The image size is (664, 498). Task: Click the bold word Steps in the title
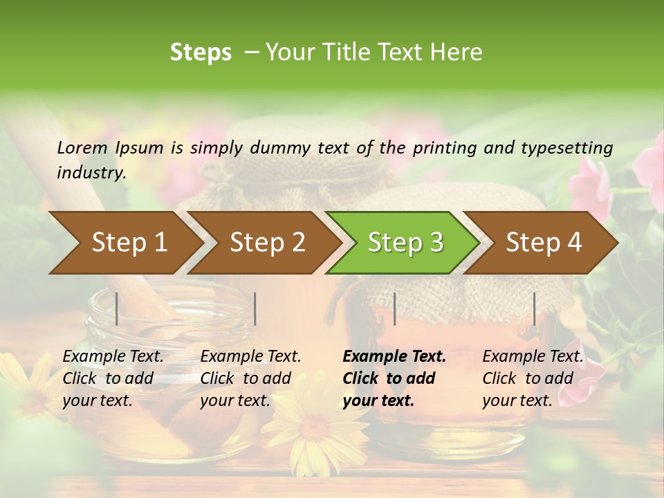click(201, 53)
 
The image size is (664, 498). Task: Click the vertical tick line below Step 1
click(117, 308)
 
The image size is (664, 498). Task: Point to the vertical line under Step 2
click(255, 308)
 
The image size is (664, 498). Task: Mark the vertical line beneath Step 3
click(394, 308)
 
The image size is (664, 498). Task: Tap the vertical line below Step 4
click(534, 308)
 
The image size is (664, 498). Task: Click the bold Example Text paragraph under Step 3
click(394, 378)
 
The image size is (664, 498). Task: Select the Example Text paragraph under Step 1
click(113, 378)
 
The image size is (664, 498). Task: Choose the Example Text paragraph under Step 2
click(250, 378)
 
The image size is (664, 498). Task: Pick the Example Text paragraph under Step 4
click(533, 378)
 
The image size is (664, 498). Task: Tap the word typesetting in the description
click(572, 147)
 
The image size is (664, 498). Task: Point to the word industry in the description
click(91, 172)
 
